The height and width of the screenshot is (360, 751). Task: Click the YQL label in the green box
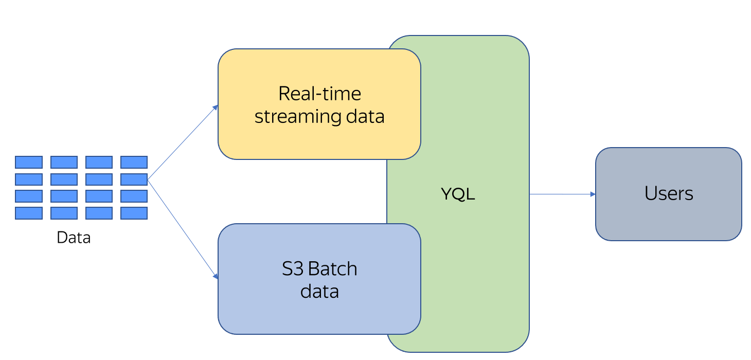tap(458, 194)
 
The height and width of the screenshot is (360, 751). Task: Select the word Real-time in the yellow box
tap(319, 94)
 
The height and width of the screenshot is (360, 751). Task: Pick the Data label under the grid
tap(74, 238)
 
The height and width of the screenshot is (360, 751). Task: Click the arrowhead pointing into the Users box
tap(593, 194)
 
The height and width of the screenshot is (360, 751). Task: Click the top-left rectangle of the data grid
tap(29, 163)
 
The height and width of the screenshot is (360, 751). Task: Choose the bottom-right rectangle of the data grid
tap(134, 213)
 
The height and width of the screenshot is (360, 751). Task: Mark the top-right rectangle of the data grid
tap(134, 163)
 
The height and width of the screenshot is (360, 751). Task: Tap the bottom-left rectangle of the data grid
tap(29, 213)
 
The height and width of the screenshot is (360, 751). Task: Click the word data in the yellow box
tap(365, 117)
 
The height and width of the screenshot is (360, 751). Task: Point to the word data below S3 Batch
tap(319, 292)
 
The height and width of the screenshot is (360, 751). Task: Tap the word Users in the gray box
tap(668, 193)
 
